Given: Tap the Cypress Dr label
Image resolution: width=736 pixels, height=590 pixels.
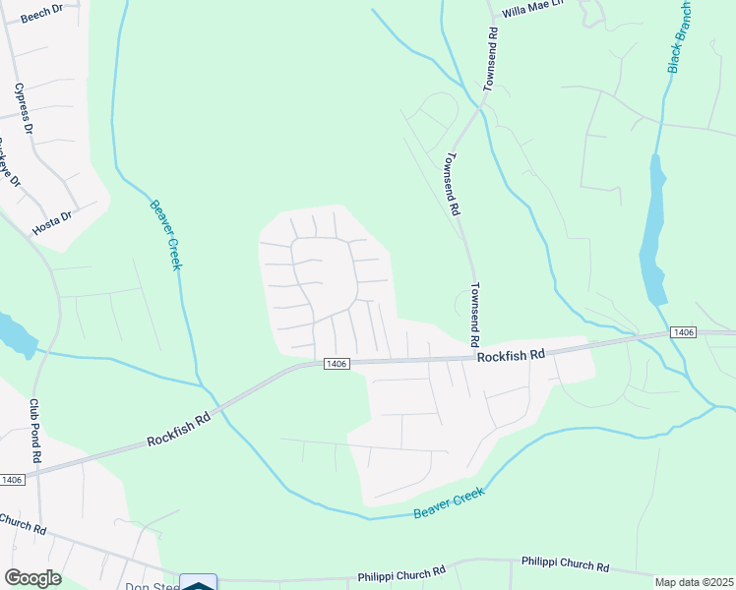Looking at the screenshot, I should tap(23, 108).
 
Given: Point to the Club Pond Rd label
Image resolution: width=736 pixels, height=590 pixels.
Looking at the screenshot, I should tap(34, 431).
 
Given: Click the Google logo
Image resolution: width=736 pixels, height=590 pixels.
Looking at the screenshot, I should tap(32, 578).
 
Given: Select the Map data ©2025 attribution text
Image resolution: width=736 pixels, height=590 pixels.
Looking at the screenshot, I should tap(695, 582).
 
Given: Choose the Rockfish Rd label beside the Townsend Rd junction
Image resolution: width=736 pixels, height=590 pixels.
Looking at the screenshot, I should tap(511, 356).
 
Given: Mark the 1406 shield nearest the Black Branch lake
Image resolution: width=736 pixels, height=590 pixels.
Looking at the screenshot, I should tap(683, 333).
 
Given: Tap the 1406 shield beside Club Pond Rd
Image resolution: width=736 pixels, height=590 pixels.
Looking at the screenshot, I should tap(11, 480).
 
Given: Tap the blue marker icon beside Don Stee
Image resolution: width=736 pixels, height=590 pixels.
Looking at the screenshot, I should tap(198, 583).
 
